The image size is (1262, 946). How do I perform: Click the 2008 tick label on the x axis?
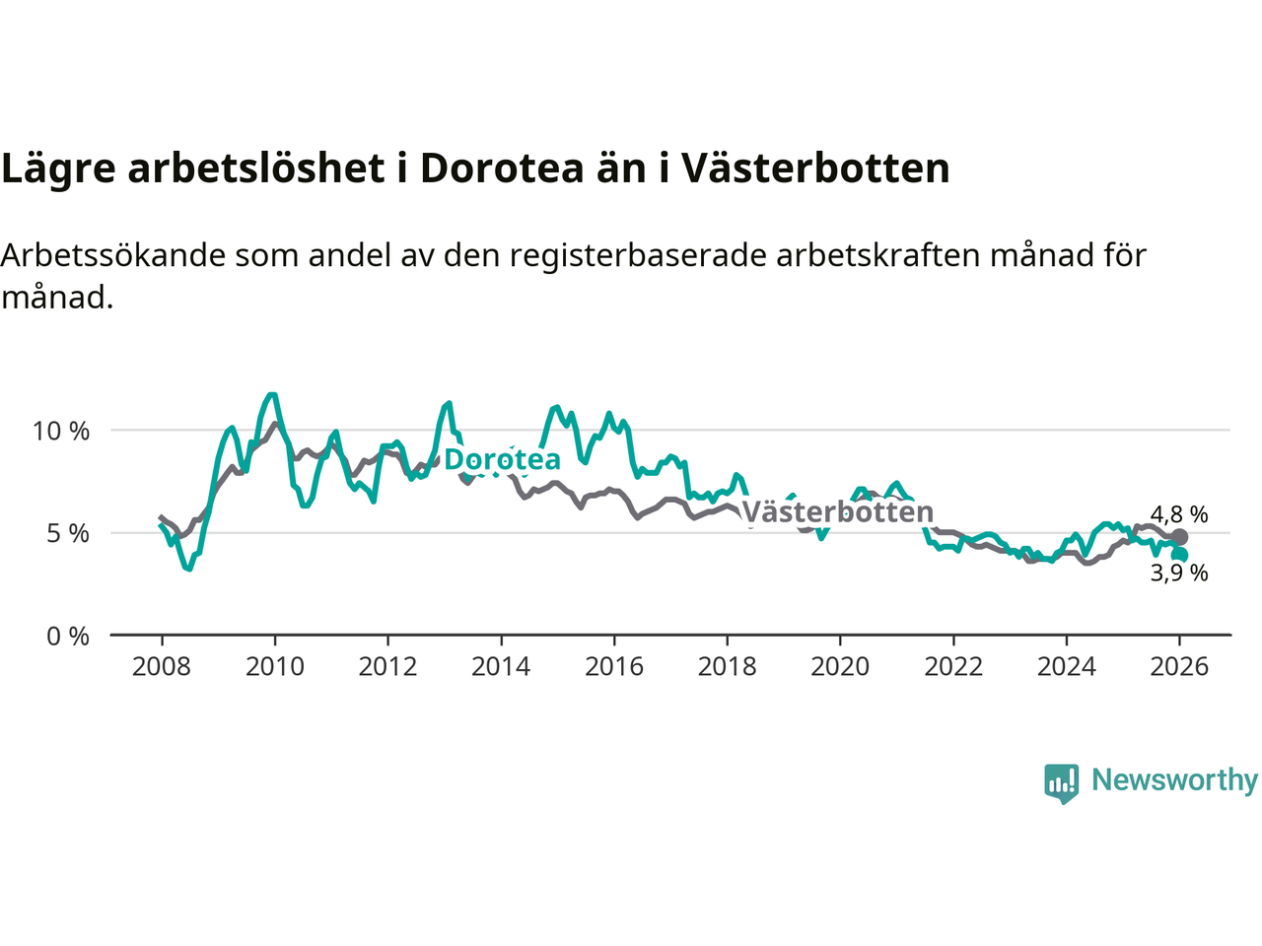coord(162,667)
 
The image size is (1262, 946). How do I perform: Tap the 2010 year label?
coord(275,667)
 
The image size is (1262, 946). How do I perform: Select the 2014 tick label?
coord(501,667)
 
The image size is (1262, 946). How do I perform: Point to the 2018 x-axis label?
coord(728,667)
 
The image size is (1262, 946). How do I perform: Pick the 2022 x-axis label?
coord(953,667)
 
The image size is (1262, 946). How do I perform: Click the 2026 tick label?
coord(1179,667)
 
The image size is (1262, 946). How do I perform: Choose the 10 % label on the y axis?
coord(61,431)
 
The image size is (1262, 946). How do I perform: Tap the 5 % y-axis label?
coord(68,533)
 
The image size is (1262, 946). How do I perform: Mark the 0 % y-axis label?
coord(68,637)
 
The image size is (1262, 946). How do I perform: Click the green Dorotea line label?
coord(502,459)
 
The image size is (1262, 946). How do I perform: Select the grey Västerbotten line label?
coord(837,512)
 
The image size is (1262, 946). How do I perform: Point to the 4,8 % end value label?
coord(1179,514)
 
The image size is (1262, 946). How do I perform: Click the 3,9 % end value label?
coord(1179,574)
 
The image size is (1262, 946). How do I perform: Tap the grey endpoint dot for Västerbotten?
coord(1179,537)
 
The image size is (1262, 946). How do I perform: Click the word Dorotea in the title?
coord(502,169)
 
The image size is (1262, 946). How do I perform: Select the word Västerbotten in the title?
coord(815,169)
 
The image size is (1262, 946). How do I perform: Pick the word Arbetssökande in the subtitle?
coord(114,255)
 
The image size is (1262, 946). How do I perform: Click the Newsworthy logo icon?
coord(1062,782)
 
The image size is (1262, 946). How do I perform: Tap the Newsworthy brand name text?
coord(1174,780)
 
